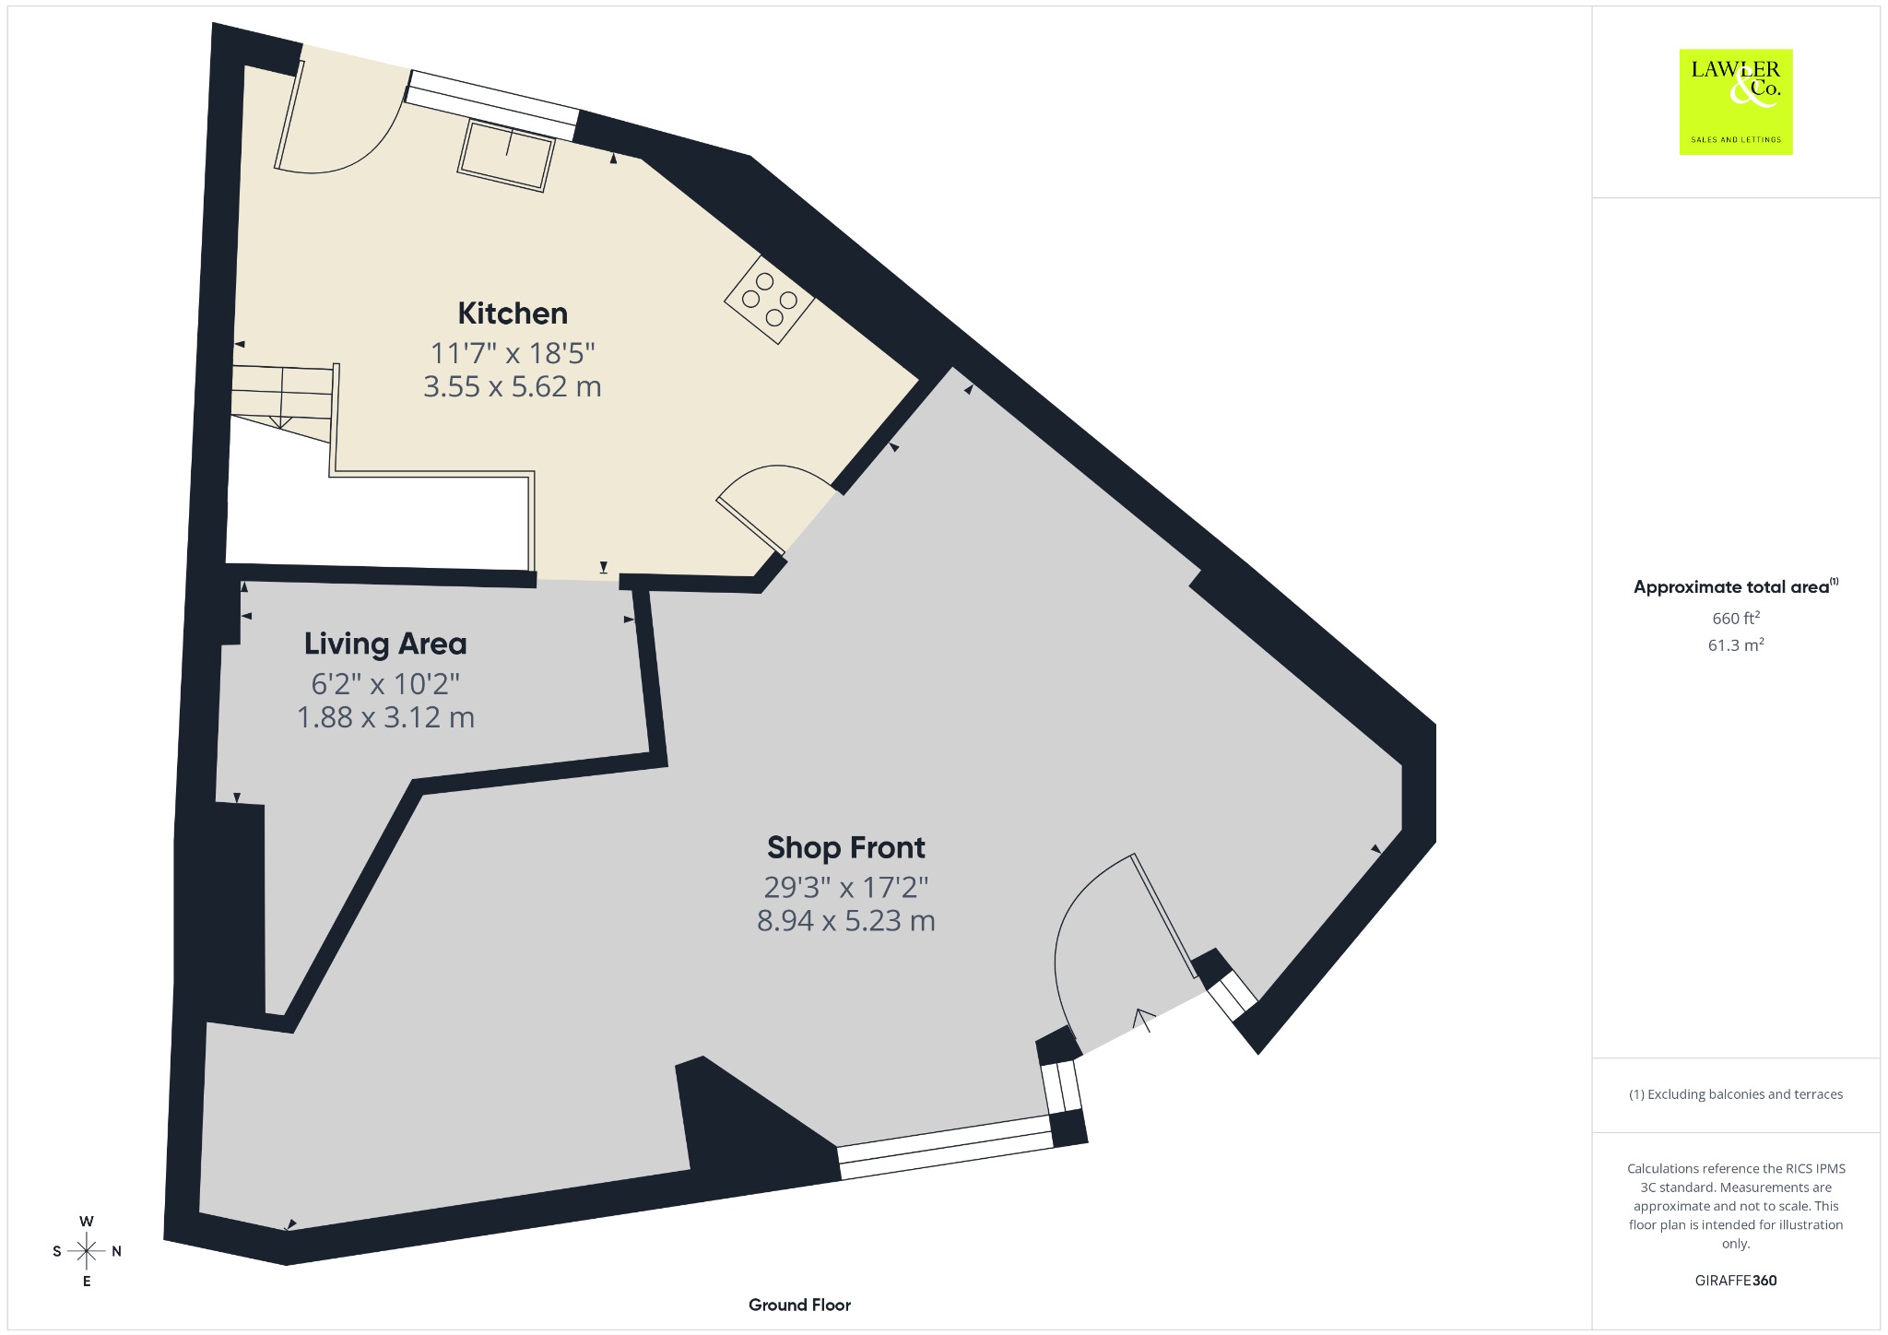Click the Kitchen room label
[513, 313]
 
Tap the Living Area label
[385, 644]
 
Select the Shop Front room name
[846, 847]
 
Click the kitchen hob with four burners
[770, 300]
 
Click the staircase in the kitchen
[281, 403]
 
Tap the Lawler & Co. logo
[1736, 101]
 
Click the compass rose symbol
[87, 1251]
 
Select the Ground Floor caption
[799, 1305]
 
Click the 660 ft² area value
[1736, 618]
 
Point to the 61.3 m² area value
[1736, 644]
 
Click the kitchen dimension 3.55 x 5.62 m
[513, 386]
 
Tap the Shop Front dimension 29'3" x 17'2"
[846, 887]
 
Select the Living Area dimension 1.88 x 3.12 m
[385, 717]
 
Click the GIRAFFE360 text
[1736, 1281]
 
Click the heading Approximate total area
[1731, 587]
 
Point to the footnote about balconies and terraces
[1736, 1094]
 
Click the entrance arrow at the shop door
[1144, 1020]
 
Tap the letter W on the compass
[87, 1222]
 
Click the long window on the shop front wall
[946, 1148]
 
